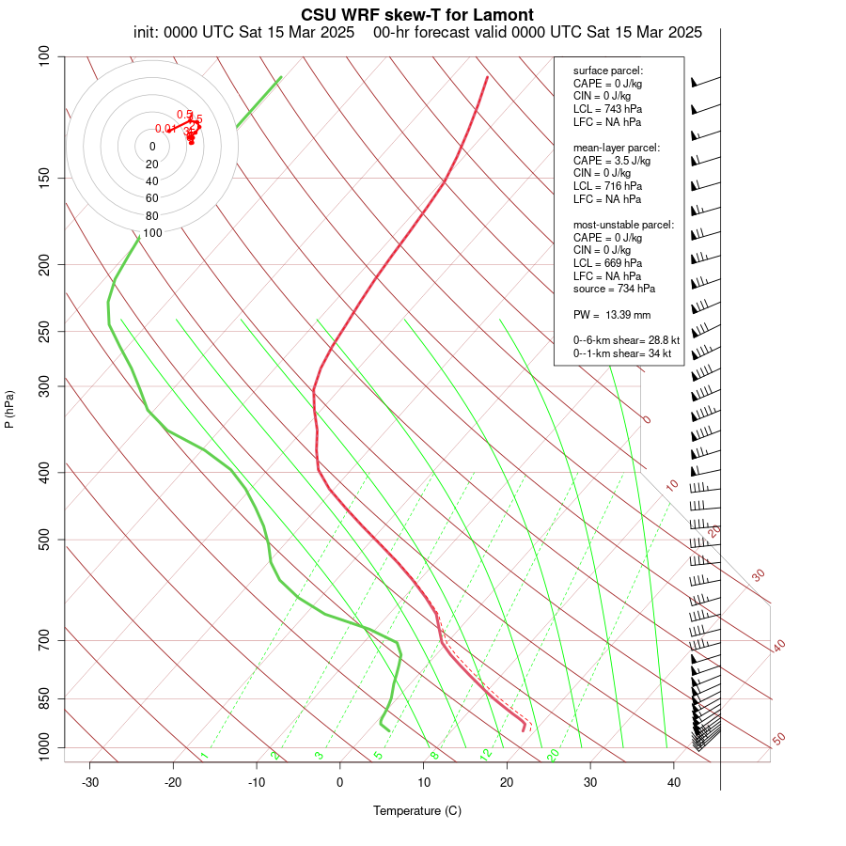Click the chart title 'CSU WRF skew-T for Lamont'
(417, 15)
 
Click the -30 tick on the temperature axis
(90, 782)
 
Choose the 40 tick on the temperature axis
(673, 782)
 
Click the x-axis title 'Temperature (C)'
(417, 810)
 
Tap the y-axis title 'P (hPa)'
(10, 410)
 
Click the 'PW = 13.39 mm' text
(612, 314)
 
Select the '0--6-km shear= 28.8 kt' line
(622, 340)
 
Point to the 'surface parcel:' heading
(608, 70)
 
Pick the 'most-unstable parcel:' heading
(623, 225)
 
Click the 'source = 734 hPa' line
(615, 289)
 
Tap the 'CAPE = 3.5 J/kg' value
(612, 161)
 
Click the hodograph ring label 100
(152, 232)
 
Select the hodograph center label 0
(152, 147)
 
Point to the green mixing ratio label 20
(554, 754)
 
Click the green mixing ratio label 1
(204, 755)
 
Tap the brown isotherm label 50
(778, 739)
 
